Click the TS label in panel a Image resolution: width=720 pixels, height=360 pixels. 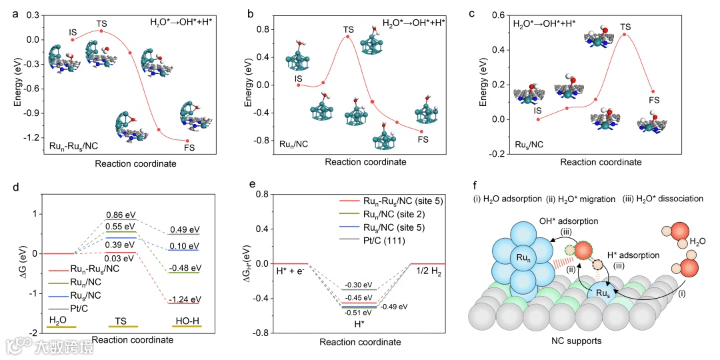coord(101,23)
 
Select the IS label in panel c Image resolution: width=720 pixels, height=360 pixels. coord(537,110)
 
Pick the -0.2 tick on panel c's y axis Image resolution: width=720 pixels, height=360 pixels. coord(496,154)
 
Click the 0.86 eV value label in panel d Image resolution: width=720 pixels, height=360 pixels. coord(120,215)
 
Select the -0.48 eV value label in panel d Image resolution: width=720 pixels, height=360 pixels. coord(183,268)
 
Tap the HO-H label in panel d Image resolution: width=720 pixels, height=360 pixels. coord(187,320)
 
